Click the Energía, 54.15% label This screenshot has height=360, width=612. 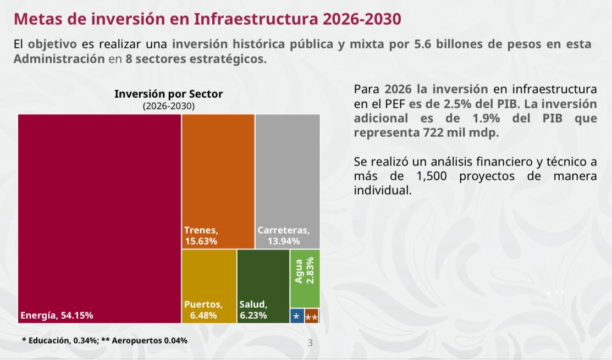[57, 315]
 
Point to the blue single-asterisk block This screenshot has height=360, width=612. [296, 316]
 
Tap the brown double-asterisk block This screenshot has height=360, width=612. [311, 317]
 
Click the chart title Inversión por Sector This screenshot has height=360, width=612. [168, 94]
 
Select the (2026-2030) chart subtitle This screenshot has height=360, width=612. [168, 106]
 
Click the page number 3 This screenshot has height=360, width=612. [310, 344]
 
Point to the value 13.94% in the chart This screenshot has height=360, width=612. [284, 241]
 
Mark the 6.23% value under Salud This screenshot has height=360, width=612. [253, 315]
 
